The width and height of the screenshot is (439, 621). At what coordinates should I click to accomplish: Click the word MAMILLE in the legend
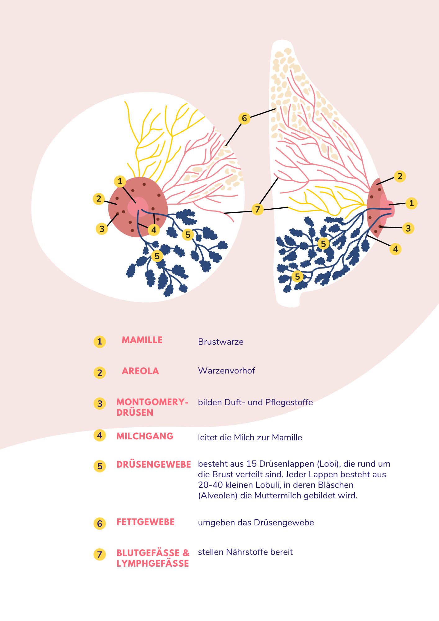click(x=142, y=340)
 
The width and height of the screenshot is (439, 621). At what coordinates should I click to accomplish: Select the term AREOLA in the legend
click(x=140, y=371)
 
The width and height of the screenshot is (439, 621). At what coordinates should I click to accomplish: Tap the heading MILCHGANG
click(x=145, y=436)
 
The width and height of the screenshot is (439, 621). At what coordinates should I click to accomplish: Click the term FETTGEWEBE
click(x=146, y=522)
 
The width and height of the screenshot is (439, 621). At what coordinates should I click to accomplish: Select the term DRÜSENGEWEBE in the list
click(x=154, y=465)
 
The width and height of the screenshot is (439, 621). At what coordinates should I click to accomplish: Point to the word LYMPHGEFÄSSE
click(x=153, y=564)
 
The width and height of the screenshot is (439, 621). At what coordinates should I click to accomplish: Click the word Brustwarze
click(x=221, y=342)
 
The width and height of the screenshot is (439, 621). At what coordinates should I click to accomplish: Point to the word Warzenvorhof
click(x=226, y=371)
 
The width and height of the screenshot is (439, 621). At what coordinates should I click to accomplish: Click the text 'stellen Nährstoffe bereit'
click(x=245, y=552)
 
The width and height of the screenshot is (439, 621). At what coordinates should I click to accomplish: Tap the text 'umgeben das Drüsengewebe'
click(x=256, y=523)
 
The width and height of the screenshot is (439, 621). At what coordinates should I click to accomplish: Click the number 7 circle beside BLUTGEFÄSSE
click(x=100, y=555)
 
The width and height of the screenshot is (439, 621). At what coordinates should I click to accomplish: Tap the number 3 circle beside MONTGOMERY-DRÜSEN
click(x=100, y=404)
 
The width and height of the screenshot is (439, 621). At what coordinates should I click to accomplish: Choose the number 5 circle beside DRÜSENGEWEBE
click(x=100, y=466)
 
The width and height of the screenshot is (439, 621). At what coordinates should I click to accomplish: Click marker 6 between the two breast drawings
click(x=244, y=118)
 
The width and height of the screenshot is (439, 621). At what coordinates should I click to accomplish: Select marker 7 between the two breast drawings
click(x=257, y=209)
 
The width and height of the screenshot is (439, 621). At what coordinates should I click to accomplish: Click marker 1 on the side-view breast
click(x=411, y=203)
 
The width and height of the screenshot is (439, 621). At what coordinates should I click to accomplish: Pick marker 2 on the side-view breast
click(x=400, y=176)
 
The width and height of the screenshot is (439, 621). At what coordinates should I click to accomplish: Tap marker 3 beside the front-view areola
click(x=102, y=229)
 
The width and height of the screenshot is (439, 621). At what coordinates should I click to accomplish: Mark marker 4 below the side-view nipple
click(x=395, y=249)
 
